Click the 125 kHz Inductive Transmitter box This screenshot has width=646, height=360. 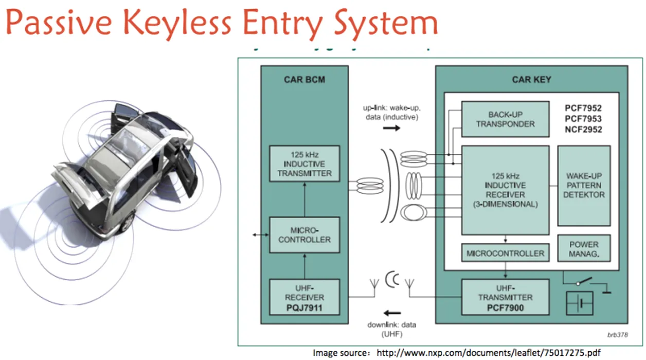click(x=304, y=164)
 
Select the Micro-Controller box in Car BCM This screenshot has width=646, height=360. click(x=304, y=235)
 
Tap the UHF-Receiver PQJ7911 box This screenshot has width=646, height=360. click(x=304, y=297)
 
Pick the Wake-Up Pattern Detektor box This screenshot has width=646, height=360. click(x=584, y=185)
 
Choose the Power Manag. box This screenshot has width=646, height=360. click(x=584, y=249)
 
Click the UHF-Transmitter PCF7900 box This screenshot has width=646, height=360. click(x=505, y=297)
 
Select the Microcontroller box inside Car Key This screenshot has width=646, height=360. click(x=505, y=253)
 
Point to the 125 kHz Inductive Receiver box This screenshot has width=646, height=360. click(x=505, y=189)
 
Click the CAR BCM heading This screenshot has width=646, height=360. click(x=304, y=80)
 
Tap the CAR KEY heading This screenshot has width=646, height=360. click(x=531, y=80)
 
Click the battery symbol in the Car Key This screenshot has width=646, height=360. click(x=579, y=303)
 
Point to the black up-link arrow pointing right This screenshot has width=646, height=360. click(x=391, y=128)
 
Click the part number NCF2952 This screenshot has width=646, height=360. click(x=583, y=130)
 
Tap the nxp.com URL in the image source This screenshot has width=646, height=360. click(x=489, y=353)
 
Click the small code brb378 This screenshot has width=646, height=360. click(x=616, y=335)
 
